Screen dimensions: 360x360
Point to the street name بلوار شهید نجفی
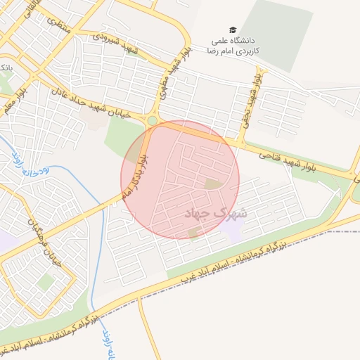(247, 96)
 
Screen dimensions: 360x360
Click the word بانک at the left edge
(5, 68)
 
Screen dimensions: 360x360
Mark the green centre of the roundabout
(152, 120)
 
